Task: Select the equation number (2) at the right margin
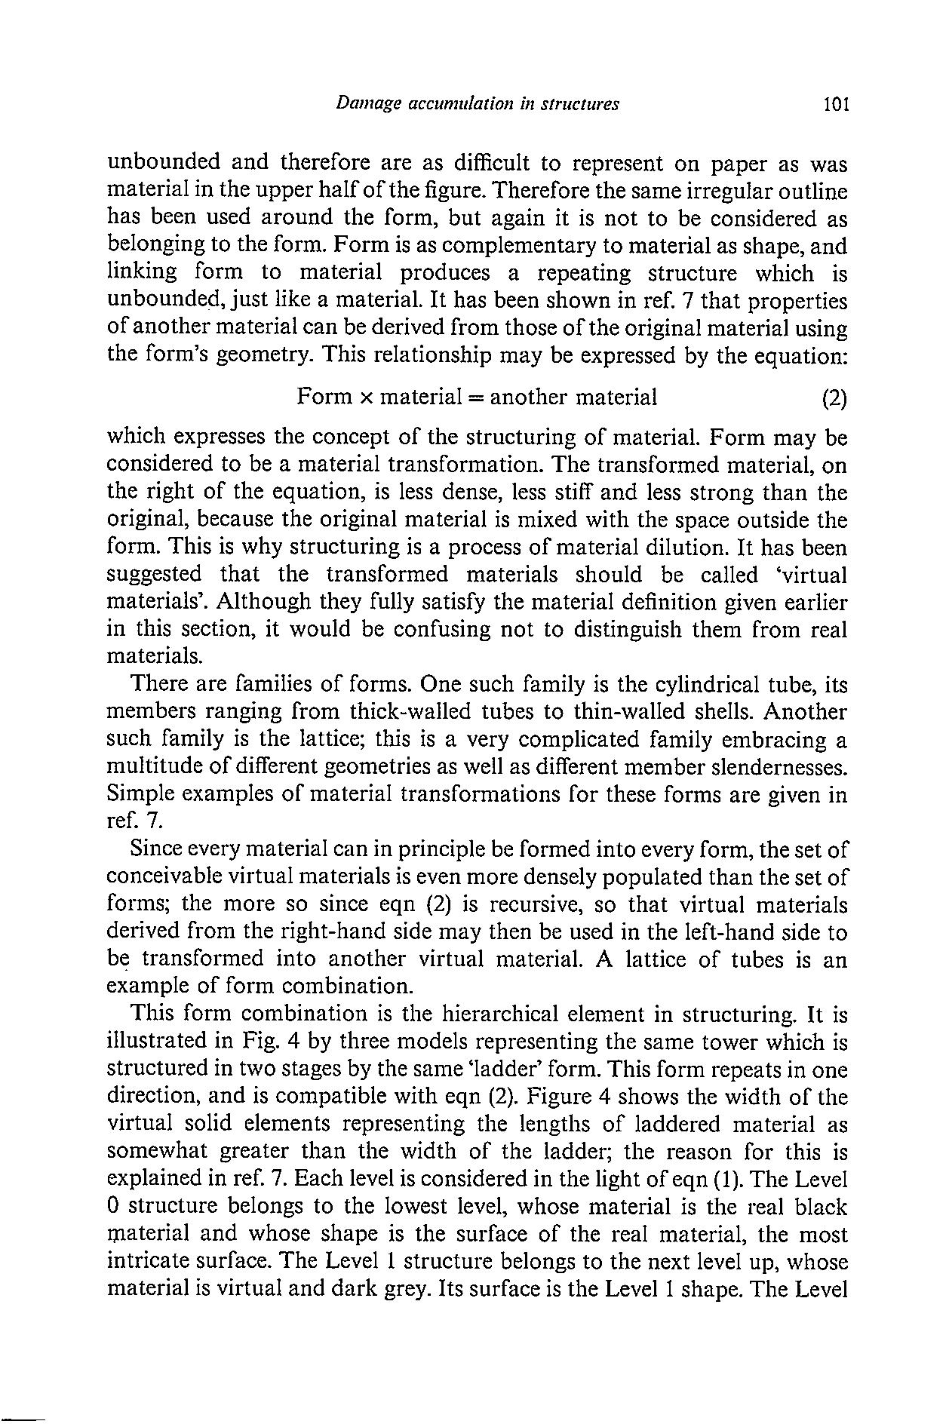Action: click(x=834, y=397)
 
